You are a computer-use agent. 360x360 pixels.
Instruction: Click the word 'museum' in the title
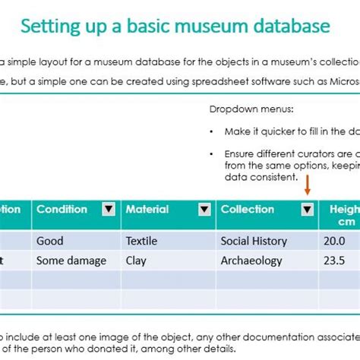(x=211, y=27)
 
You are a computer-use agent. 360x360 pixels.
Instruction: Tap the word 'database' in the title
(x=292, y=27)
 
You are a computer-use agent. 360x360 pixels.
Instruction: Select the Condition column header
(x=62, y=209)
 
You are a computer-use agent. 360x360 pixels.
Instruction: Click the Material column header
(x=147, y=209)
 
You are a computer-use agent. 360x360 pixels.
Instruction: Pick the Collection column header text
(x=247, y=209)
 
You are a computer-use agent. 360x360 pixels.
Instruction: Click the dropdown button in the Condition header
(x=109, y=210)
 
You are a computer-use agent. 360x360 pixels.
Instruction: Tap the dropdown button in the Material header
(x=204, y=210)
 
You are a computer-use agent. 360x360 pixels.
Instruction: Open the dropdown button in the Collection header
(x=307, y=210)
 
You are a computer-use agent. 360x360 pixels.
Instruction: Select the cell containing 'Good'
(x=49, y=241)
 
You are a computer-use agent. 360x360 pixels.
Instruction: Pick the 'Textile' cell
(x=142, y=241)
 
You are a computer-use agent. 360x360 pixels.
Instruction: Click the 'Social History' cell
(x=254, y=241)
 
